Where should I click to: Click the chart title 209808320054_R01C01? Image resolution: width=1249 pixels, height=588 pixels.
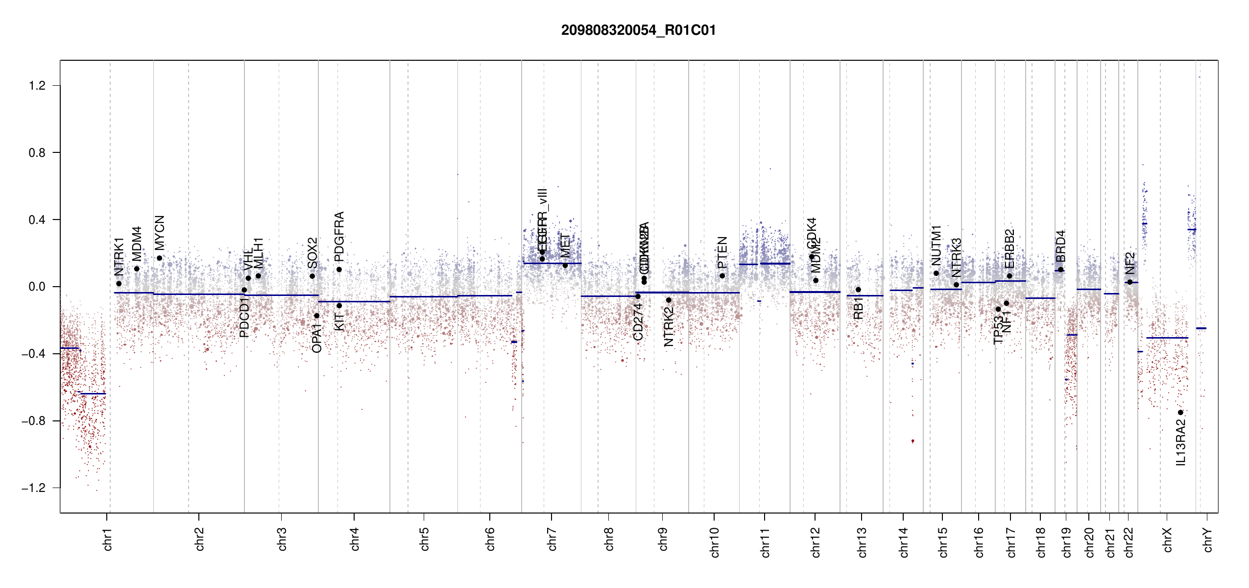[638, 30]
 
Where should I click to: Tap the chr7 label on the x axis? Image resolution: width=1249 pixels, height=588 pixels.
[552, 539]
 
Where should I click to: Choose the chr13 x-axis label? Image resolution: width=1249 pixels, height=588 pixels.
[862, 542]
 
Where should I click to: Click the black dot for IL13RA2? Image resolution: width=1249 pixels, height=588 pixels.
[1180, 413]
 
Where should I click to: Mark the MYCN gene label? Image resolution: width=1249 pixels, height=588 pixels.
[160, 233]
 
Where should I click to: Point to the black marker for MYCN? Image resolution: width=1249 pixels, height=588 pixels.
[159, 258]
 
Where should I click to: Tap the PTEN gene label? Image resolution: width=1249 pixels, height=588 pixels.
[722, 252]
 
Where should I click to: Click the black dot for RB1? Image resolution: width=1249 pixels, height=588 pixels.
[858, 290]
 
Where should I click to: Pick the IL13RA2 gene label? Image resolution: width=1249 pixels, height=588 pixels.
[1181, 442]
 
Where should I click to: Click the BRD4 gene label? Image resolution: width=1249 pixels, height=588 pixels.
[1060, 246]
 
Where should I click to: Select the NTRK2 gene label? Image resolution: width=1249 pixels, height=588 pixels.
[669, 327]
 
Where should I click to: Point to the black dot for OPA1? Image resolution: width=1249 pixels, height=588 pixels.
[316, 316]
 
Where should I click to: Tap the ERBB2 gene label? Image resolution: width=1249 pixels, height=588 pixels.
[1009, 249]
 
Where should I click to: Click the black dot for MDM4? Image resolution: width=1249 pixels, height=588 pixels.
[137, 269]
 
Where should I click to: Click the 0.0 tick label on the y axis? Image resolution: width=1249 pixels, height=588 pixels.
[37, 287]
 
